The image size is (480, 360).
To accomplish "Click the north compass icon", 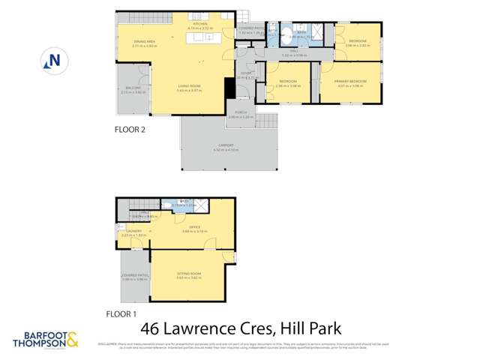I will pyautogui.click(x=52, y=59).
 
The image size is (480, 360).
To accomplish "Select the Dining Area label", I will pyautogui.click(x=145, y=43).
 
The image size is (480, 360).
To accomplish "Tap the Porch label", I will pyautogui.click(x=240, y=114).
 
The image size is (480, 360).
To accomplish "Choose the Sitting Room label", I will pyautogui.click(x=186, y=276).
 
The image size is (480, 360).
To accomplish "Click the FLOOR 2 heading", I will pyautogui.click(x=130, y=129).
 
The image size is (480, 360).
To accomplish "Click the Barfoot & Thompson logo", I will pyautogui.click(x=45, y=337).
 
